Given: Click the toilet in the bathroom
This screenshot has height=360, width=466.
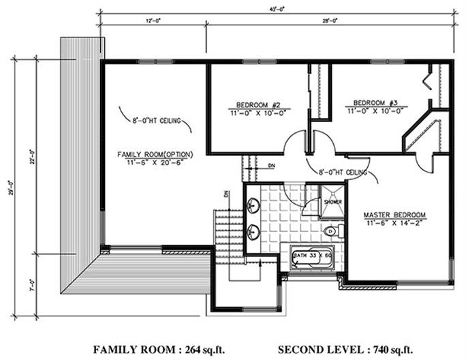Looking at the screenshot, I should click(x=330, y=231).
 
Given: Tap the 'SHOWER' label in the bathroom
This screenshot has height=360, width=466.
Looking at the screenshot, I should click(x=332, y=202).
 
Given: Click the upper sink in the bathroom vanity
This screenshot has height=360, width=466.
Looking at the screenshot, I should click(x=253, y=205).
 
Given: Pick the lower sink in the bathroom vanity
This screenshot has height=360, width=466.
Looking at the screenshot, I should click(x=253, y=232).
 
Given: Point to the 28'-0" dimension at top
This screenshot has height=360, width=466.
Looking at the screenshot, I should click(x=329, y=21).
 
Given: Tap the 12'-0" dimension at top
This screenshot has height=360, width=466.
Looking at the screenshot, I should click(x=153, y=21).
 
